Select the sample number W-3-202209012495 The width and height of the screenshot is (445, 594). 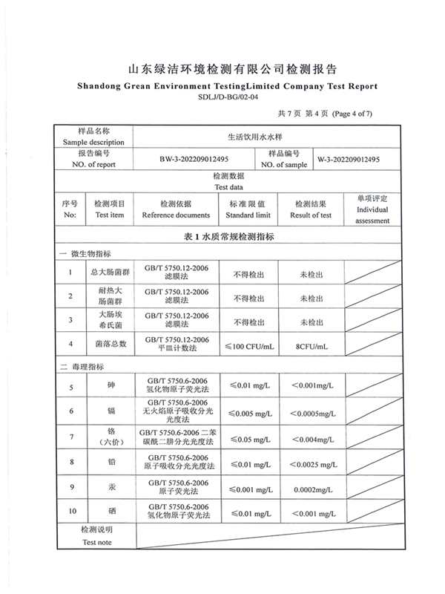pyautogui.click(x=349, y=159)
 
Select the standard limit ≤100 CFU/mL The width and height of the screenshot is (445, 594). pyautogui.click(x=248, y=345)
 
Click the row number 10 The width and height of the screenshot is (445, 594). pyautogui.click(x=71, y=512)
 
